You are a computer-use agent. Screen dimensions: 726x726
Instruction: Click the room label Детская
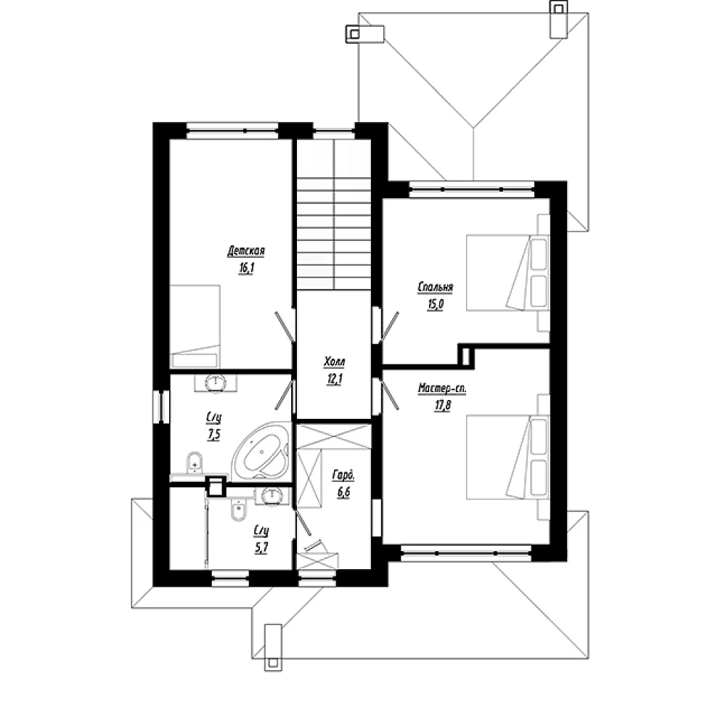(x=246, y=251)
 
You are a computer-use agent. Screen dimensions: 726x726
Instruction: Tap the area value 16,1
(x=247, y=269)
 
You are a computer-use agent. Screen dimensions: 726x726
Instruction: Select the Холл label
(x=334, y=362)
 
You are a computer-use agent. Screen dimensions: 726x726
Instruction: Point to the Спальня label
(x=435, y=287)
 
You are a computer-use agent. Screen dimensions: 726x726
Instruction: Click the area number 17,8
(x=443, y=406)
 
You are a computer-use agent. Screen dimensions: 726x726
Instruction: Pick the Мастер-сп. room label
(x=442, y=388)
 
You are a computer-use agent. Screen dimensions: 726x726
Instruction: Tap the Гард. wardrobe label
(x=343, y=475)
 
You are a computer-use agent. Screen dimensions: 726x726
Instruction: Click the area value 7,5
(x=214, y=435)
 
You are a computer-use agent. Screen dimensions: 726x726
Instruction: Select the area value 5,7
(x=261, y=548)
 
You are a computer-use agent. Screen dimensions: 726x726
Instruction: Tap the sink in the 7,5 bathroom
(x=216, y=383)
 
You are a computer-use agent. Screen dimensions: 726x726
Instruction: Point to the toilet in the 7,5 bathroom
(x=195, y=462)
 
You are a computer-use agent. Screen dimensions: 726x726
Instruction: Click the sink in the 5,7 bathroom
(x=271, y=496)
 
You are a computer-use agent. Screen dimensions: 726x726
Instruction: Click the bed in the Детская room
(x=195, y=327)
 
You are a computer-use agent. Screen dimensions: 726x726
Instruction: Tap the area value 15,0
(x=436, y=305)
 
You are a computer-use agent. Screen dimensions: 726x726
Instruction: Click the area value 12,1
(x=335, y=379)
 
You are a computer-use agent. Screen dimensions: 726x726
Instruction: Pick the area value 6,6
(x=344, y=492)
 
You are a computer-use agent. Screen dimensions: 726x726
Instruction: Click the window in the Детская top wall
(x=232, y=131)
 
